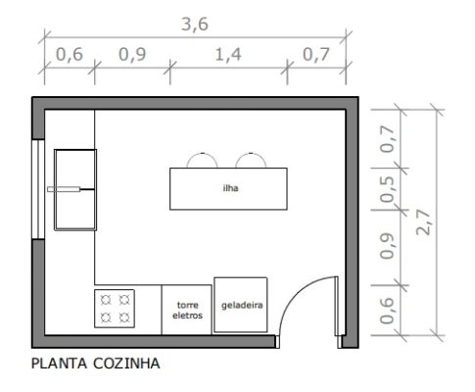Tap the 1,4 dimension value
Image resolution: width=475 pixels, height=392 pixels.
point(229,55)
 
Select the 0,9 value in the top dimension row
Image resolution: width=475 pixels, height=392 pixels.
point(131,55)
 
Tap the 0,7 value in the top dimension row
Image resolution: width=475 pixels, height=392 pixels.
point(315,55)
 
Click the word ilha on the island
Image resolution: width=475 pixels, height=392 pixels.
point(231,189)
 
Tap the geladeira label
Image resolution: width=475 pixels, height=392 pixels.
point(241,306)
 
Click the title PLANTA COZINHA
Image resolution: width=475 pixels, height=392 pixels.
point(96,362)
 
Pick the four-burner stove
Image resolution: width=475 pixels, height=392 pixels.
point(114,309)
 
